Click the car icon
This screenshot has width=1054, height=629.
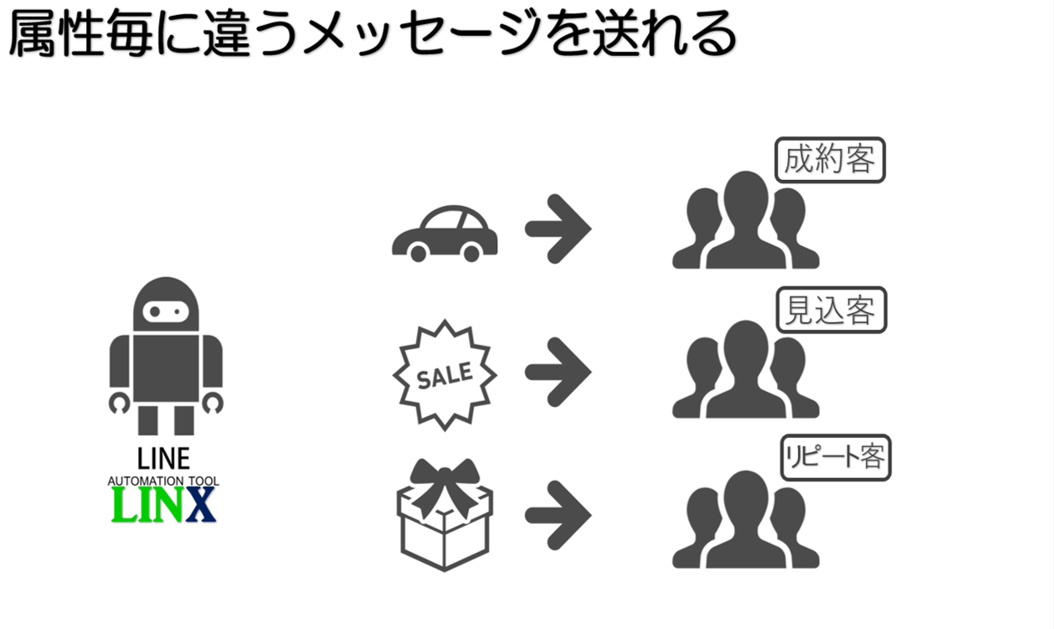coord(445,234)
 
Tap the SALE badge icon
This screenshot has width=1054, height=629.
coord(445,374)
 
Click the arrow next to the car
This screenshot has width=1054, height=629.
coord(558,227)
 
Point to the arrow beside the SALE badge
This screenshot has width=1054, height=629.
coord(558,371)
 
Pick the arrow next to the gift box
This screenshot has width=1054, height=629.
coord(558,513)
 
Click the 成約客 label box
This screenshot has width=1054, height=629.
coord(829,159)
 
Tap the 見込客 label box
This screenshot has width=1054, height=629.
coord(830,311)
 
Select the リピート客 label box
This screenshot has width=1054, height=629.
coord(835,457)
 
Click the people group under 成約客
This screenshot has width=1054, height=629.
coord(745,222)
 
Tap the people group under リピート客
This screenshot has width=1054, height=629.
coord(745,520)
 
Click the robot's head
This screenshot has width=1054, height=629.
coord(166,306)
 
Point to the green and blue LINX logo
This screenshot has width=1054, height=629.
coord(164,505)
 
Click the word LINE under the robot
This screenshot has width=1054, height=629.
coord(164,459)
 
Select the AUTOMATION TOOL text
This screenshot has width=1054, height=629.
coord(164,482)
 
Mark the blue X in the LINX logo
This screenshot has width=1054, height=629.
coord(201,505)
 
